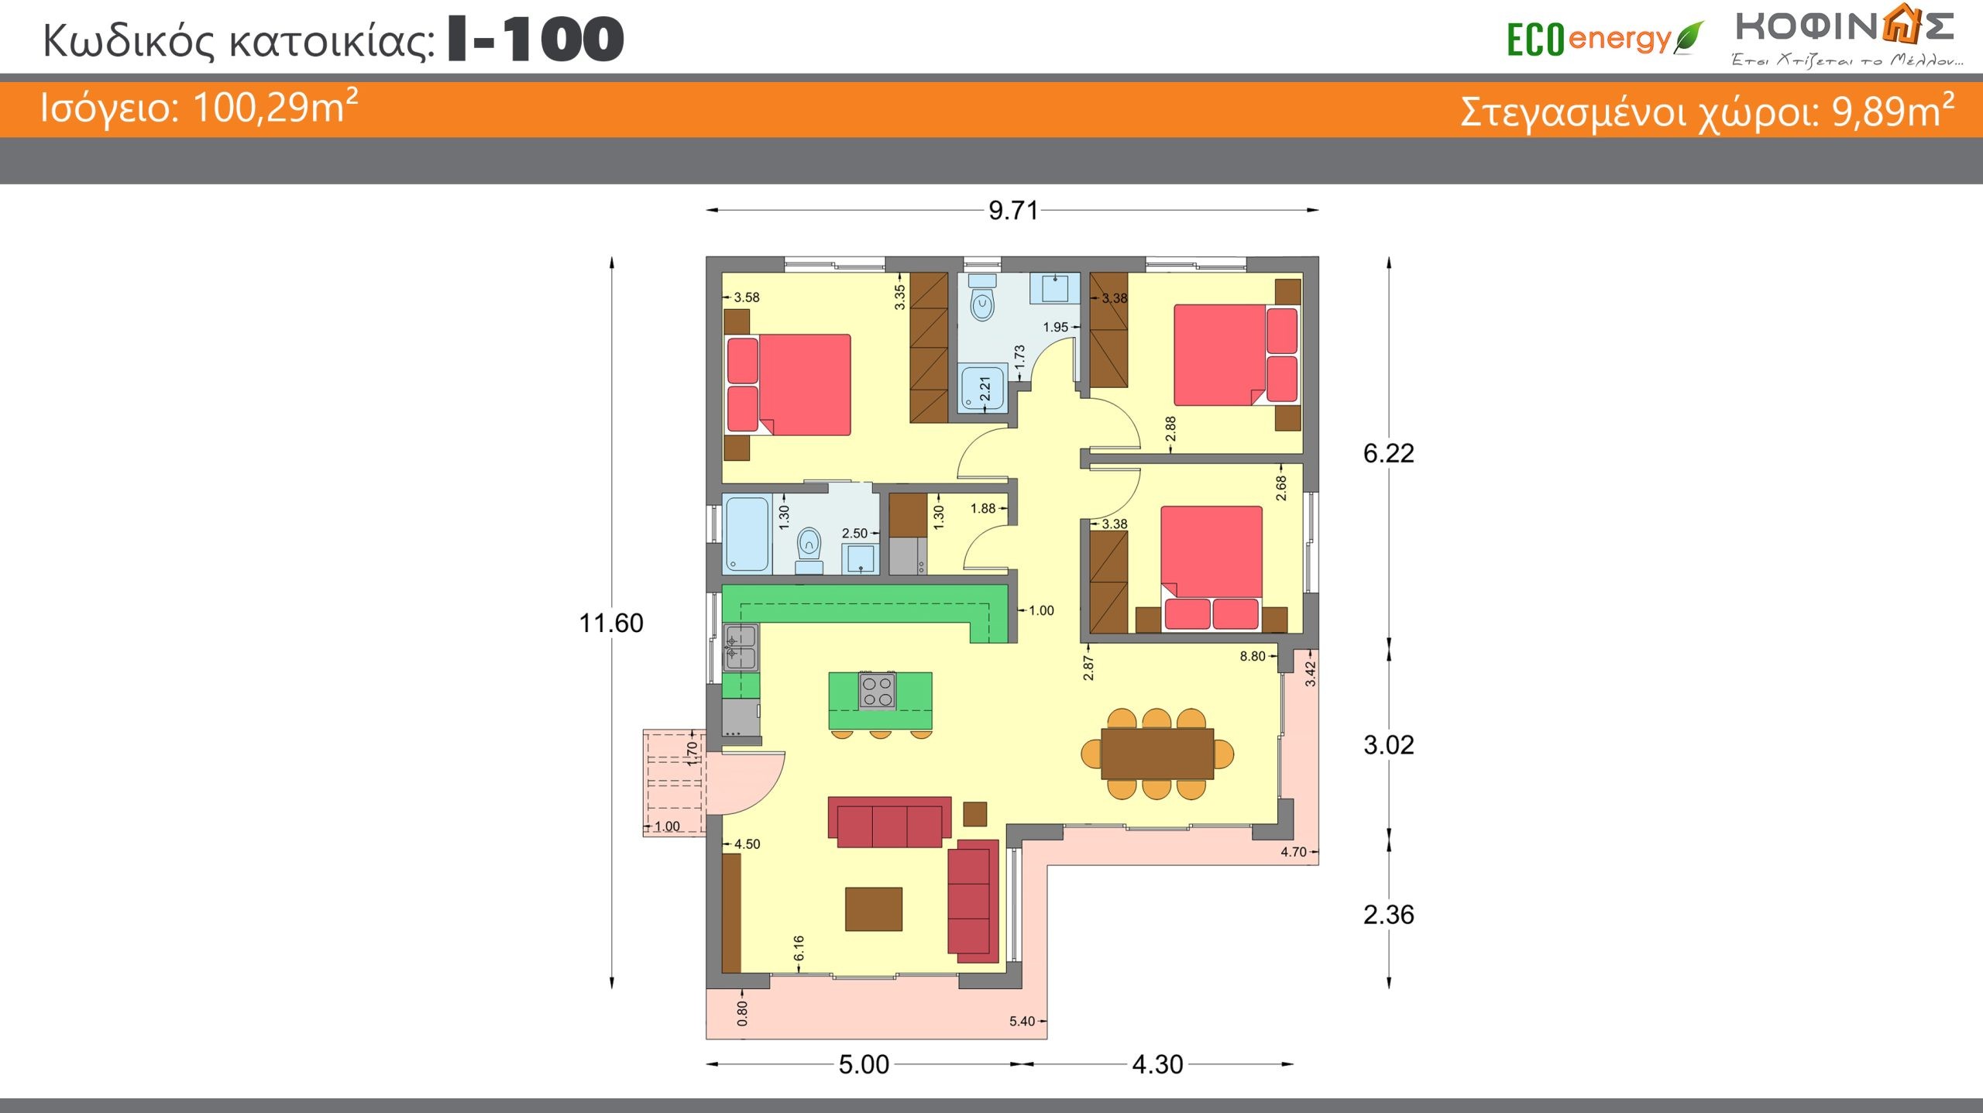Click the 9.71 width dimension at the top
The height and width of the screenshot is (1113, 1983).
coord(1012,210)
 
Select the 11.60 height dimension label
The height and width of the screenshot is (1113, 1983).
coord(611,623)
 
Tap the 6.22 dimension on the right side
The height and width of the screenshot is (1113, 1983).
coord(1388,453)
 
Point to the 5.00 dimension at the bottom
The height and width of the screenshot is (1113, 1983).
coord(864,1064)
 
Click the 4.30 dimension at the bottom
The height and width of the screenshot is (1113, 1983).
coord(1157,1064)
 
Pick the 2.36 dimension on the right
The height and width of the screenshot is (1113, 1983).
coord(1388,915)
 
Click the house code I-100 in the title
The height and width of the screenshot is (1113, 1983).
coord(536,40)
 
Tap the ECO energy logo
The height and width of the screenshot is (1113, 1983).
coord(1604,39)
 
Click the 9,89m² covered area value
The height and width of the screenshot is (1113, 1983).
coord(1892,111)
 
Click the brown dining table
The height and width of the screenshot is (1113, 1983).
coord(1157,754)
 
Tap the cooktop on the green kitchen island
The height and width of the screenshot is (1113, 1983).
coord(877,691)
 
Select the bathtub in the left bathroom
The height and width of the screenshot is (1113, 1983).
coord(747,534)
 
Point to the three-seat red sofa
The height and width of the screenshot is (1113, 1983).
coord(889,823)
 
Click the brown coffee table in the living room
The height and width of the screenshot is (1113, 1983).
coord(874,909)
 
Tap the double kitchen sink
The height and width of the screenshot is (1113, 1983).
coord(741,648)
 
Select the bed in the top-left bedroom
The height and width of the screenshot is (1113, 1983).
coord(789,385)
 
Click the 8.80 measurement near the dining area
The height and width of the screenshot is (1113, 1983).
coord(1252,657)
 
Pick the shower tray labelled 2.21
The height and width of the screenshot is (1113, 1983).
coord(982,387)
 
